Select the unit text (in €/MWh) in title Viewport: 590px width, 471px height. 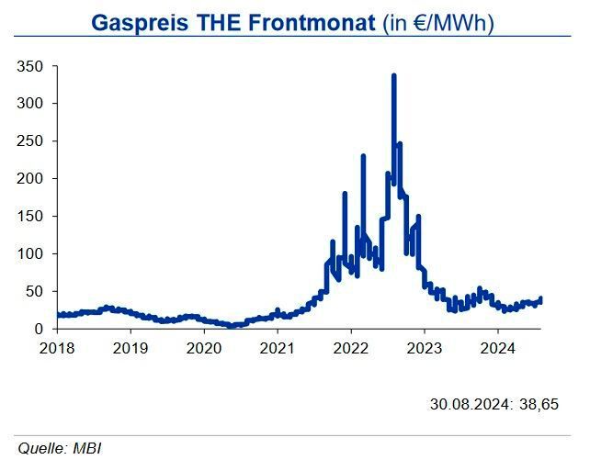[x=438, y=22]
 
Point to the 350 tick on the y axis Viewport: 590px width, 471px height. [x=31, y=66]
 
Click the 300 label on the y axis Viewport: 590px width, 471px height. [x=31, y=104]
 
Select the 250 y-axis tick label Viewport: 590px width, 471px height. [x=31, y=141]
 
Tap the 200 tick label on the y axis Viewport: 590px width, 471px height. [x=31, y=179]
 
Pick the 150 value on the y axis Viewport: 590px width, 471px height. [x=31, y=217]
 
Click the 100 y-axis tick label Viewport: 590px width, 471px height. [x=31, y=254]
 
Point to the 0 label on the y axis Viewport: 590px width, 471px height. [x=39, y=329]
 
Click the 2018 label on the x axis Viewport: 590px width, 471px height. [x=57, y=348]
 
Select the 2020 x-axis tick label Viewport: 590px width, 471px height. [x=204, y=348]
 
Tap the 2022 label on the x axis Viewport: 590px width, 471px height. [x=350, y=348]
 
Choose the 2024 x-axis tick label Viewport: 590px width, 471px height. [x=497, y=348]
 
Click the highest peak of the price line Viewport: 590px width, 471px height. [x=393, y=76]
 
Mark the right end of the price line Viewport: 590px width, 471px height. [x=541, y=299]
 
